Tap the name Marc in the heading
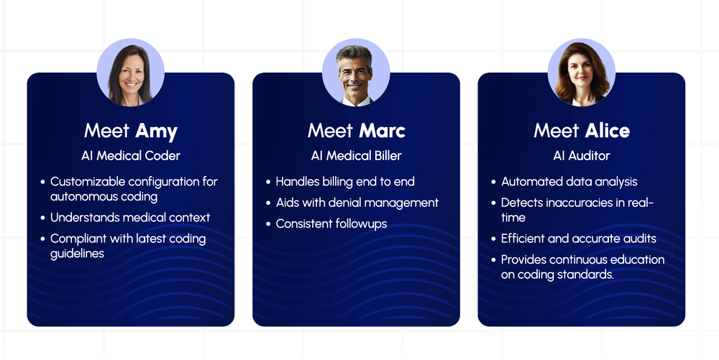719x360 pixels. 382,131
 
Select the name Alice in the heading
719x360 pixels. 607,131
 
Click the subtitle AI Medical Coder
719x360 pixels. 131,155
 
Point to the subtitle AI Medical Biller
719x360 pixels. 356,155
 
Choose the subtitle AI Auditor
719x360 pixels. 582,155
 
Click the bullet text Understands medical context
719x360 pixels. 130,217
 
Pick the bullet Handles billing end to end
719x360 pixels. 345,182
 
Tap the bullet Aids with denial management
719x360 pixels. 357,203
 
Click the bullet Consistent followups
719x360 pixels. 331,223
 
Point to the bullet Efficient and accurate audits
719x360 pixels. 579,239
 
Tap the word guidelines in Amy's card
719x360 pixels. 77,253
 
